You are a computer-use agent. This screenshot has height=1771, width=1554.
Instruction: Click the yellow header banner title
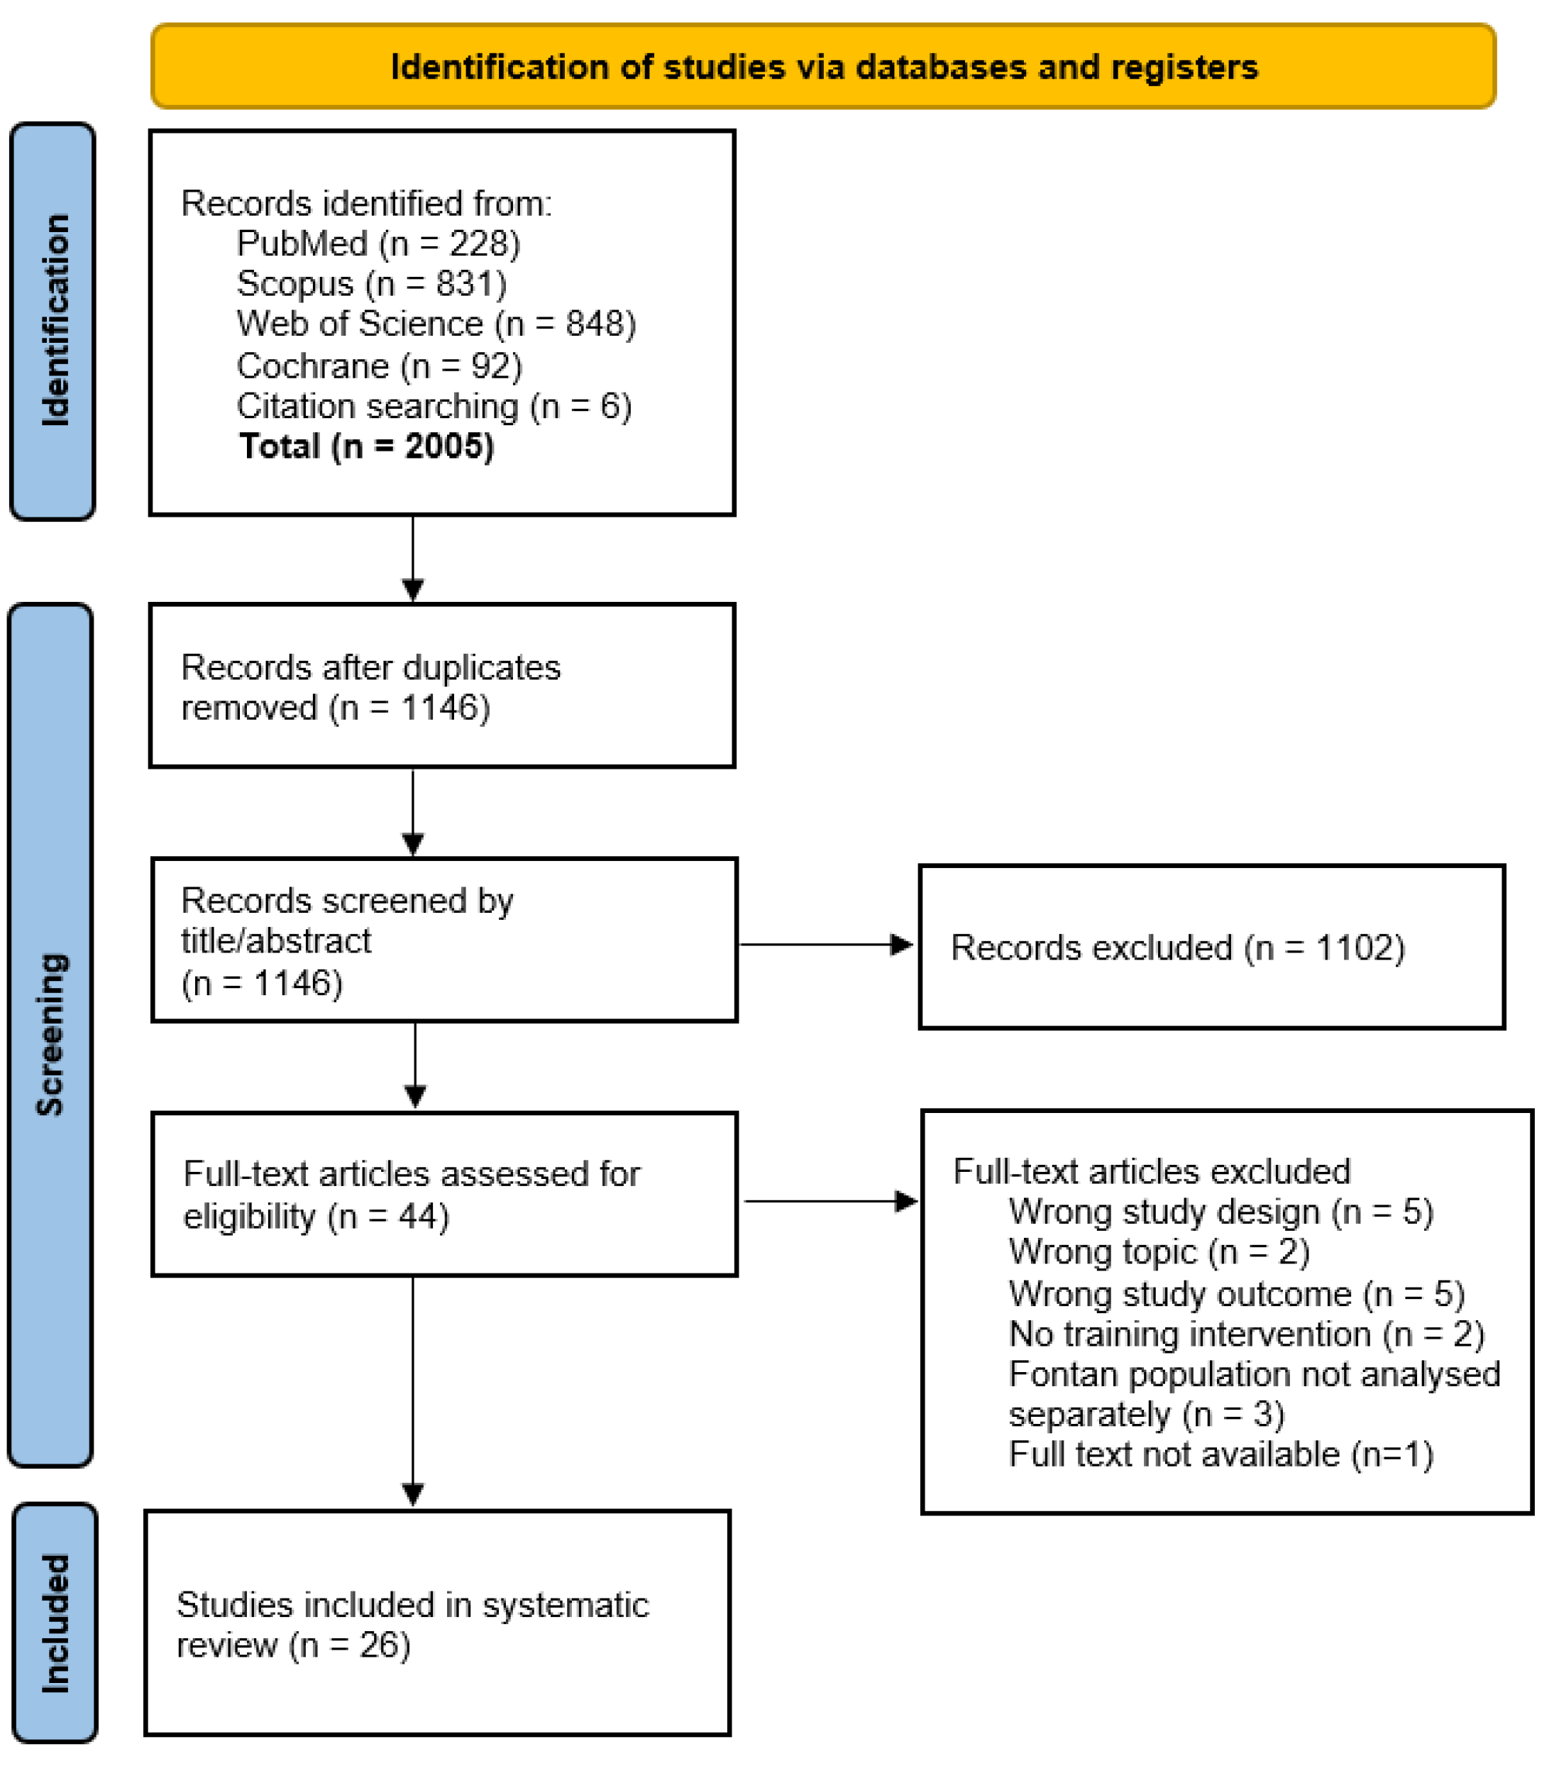(x=823, y=67)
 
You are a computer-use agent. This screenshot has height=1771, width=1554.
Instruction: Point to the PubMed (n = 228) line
(x=378, y=243)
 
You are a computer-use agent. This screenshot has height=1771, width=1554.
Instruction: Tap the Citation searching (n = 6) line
(x=434, y=405)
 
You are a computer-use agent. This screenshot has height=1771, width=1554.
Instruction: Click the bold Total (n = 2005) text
(x=366, y=446)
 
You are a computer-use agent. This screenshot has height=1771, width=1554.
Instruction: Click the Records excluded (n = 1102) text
(x=1177, y=948)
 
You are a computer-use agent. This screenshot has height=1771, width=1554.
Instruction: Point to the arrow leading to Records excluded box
(x=825, y=945)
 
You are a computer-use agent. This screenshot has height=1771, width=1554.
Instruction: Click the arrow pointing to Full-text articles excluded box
(x=829, y=1201)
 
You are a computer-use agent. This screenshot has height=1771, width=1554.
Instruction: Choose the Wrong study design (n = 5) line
(x=1220, y=1211)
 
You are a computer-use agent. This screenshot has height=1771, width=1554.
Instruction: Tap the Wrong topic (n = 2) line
(x=1159, y=1252)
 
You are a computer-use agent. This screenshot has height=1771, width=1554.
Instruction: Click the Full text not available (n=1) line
(x=1220, y=1454)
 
